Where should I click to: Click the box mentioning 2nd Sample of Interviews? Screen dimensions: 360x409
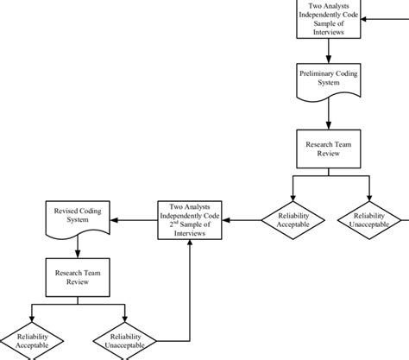click(189, 219)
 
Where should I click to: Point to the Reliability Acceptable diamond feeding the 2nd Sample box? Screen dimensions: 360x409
click(293, 220)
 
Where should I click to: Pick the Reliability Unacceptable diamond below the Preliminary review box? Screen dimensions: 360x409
click(368, 220)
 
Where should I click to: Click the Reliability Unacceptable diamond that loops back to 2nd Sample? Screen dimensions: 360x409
click(125, 340)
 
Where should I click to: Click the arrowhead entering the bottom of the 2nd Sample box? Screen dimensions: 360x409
click(189, 245)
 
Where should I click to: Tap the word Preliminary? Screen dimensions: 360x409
click(317, 73)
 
